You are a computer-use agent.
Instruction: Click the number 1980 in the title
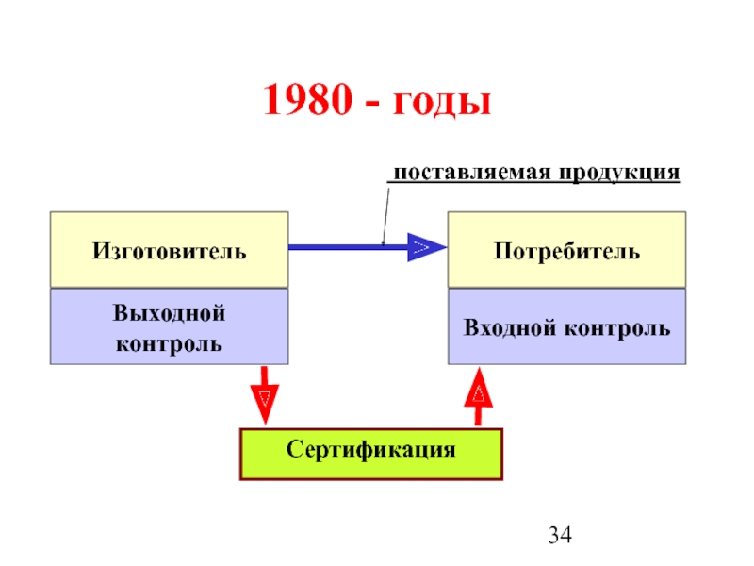[308, 99]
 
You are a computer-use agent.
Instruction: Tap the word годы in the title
[442, 103]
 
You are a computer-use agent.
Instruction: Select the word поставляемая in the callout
[472, 173]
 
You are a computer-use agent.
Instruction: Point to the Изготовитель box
[170, 250]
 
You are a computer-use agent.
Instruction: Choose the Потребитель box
[567, 250]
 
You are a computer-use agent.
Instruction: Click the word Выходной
[169, 313]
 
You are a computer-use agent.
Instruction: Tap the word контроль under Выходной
[169, 344]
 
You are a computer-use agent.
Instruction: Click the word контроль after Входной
[617, 328]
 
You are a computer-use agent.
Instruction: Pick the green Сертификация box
[371, 455]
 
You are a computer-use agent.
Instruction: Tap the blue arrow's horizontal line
[348, 247]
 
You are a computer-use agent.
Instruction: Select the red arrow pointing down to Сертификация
[265, 395]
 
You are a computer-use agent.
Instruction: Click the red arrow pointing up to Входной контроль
[479, 396]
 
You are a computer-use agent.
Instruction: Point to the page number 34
[560, 535]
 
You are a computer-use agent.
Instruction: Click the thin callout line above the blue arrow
[386, 216]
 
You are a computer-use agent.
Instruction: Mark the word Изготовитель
[170, 251]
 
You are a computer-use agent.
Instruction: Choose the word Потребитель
[567, 251]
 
